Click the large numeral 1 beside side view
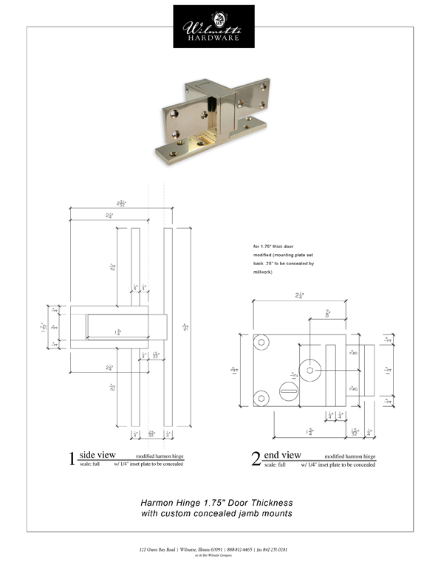tap(72, 459)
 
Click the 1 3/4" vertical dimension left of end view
tap(234, 370)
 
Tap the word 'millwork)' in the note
tap(263, 272)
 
